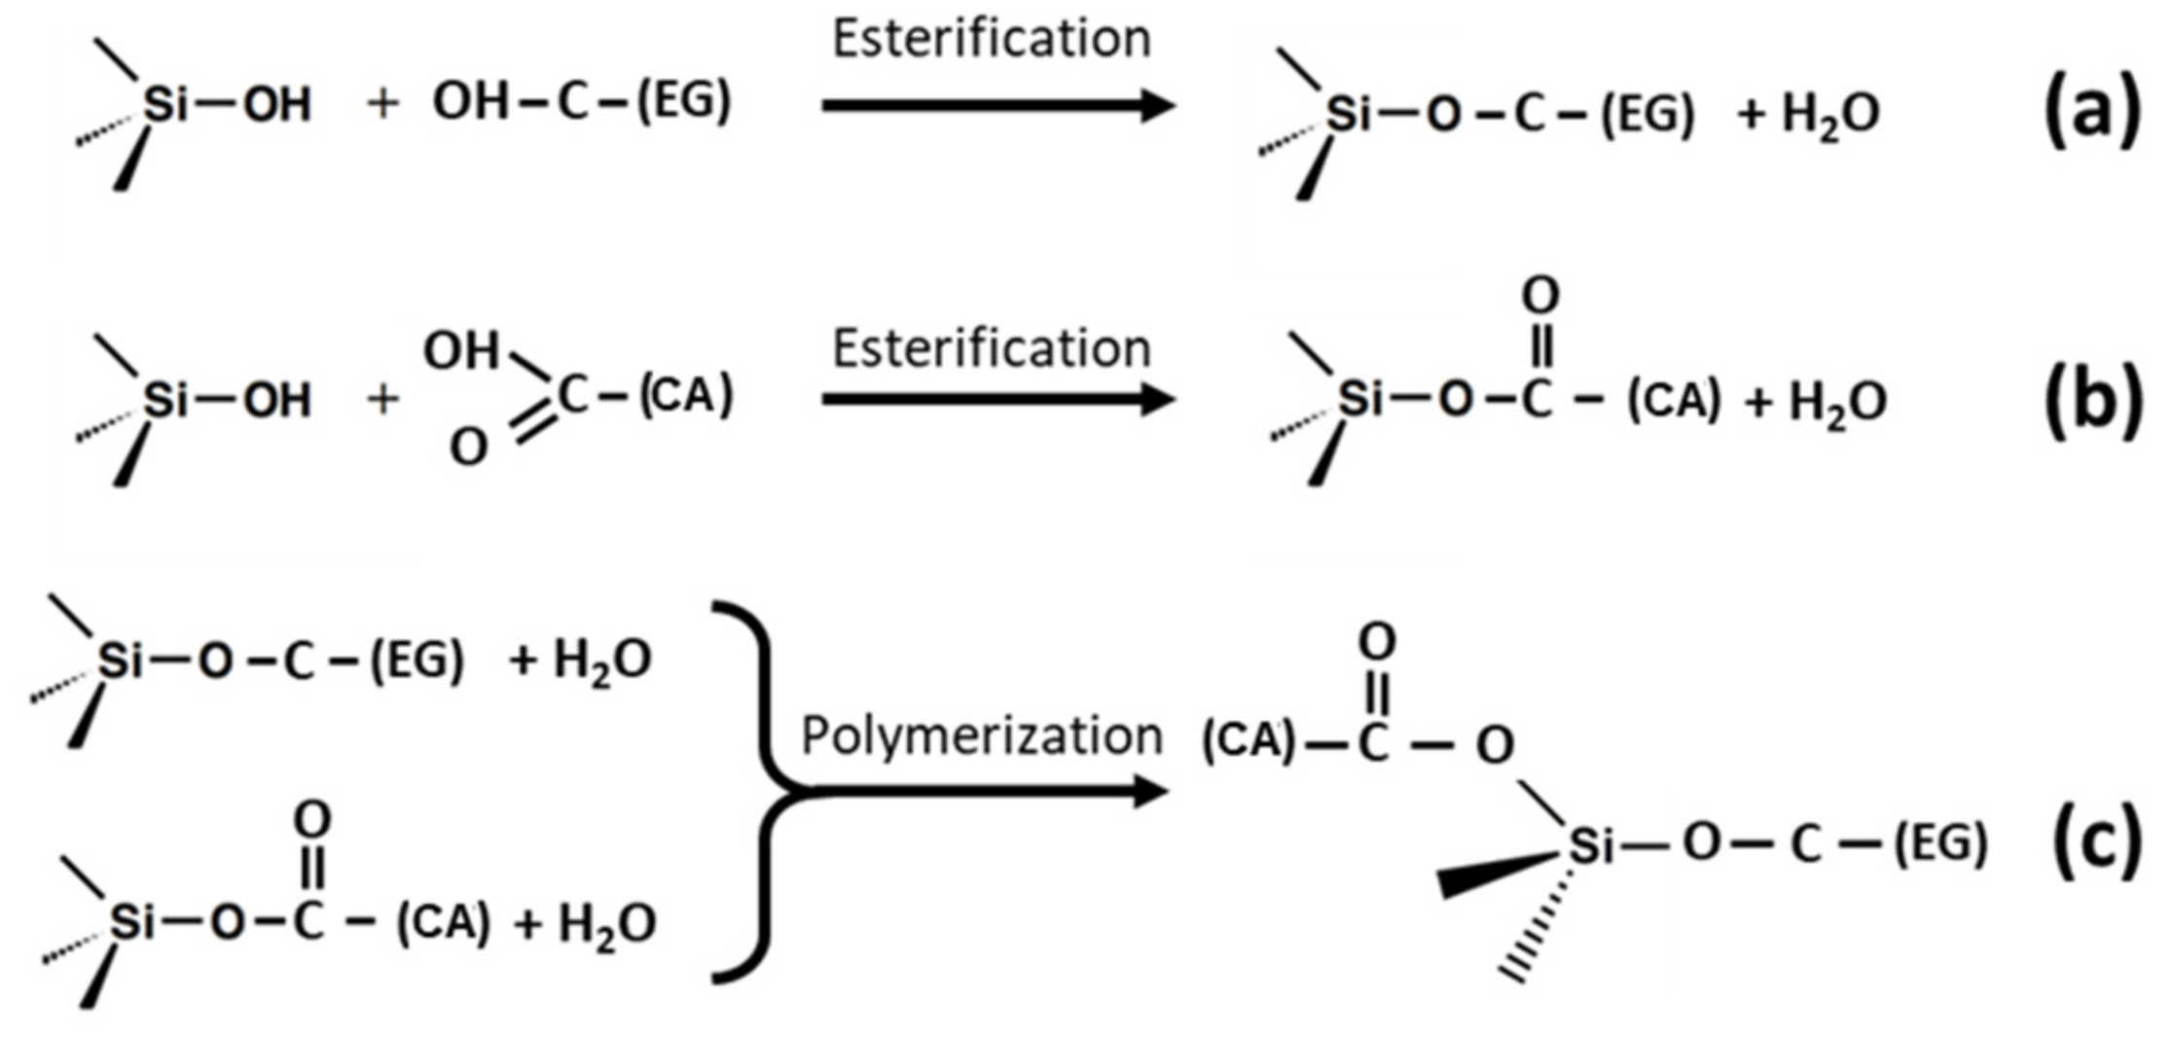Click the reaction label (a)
pos(2091,114)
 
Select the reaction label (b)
pos(2093,402)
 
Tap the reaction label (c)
pos(2096,843)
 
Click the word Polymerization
pos(981,736)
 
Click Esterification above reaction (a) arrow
pos(992,39)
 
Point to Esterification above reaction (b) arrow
pos(992,348)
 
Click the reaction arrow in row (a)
pos(997,105)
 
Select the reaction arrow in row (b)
pos(997,399)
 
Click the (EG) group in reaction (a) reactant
pos(683,101)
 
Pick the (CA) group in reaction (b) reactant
pos(686,396)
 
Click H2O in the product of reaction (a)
pos(1829,116)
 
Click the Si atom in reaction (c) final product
pos(1591,844)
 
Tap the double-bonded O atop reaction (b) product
pos(1539,294)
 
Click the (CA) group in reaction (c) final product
pos(1249,741)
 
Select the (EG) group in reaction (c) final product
pos(1939,843)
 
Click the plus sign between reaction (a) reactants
pos(383,102)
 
